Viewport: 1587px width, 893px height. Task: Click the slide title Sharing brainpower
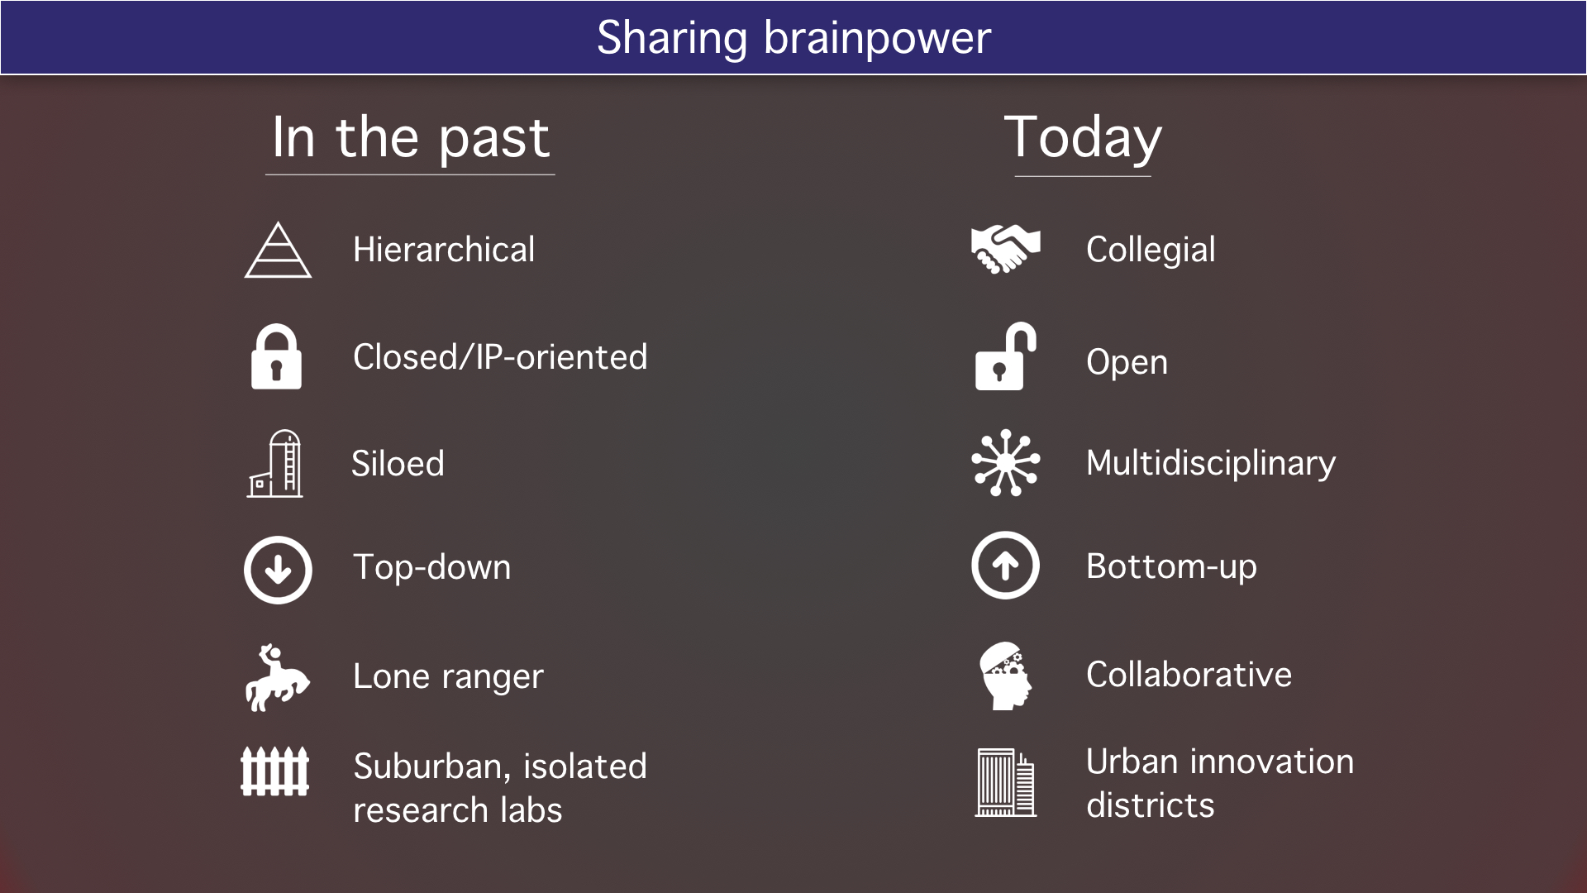coord(793,38)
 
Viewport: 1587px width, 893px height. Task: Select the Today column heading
coord(1083,139)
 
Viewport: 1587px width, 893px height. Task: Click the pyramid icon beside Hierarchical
coord(278,250)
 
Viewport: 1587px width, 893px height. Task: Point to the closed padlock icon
coord(276,356)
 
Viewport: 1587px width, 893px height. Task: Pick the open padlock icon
coord(1006,356)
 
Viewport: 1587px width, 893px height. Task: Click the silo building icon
coord(275,463)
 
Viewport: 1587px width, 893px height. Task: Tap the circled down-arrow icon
coord(278,570)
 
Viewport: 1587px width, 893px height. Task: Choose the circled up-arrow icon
coord(1005,566)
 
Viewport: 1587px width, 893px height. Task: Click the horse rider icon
coord(277,678)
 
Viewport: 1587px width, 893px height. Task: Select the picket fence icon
coord(274,771)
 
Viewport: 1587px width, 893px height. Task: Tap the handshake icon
coord(1005,249)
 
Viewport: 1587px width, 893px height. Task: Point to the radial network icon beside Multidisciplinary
coord(1005,462)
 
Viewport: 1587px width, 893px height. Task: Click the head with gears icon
coord(1005,676)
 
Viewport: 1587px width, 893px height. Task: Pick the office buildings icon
coord(1005,783)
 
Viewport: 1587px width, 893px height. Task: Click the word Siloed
coord(398,463)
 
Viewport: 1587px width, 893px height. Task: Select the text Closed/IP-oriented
coord(500,357)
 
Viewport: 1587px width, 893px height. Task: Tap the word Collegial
coord(1151,251)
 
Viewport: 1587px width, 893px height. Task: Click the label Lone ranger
coord(448,677)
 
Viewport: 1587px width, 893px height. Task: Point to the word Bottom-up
coord(1171,567)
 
